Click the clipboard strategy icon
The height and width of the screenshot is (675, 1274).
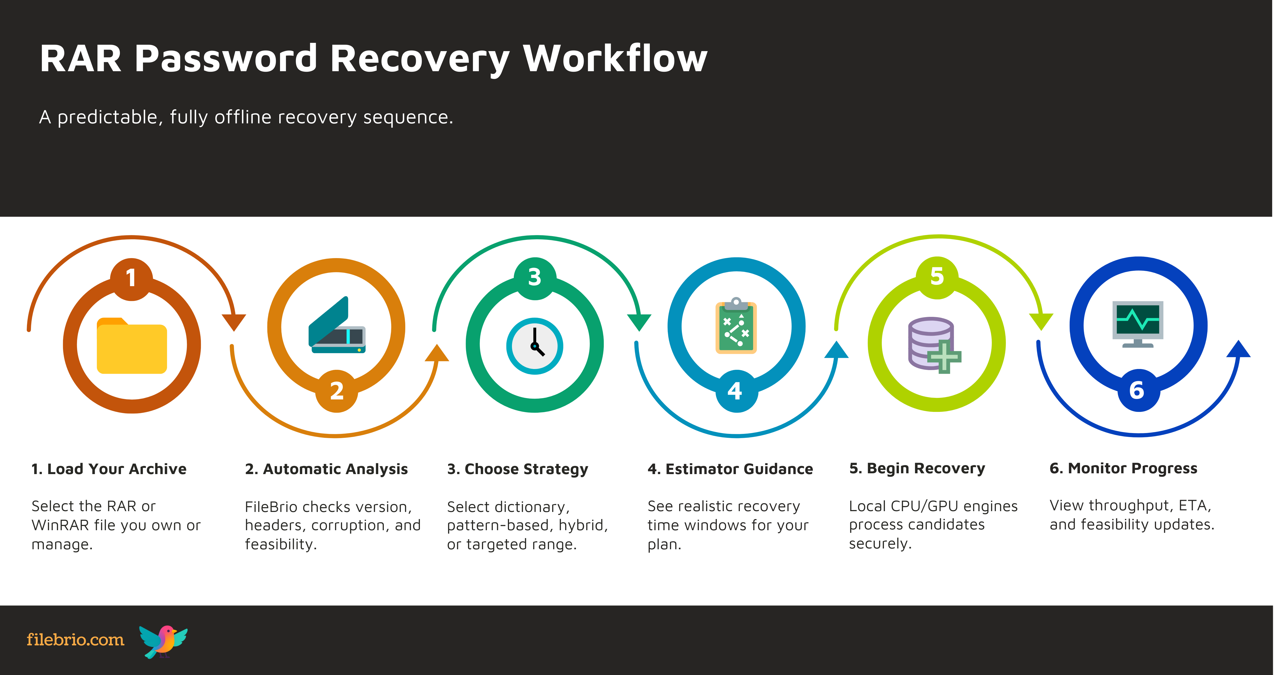tap(736, 326)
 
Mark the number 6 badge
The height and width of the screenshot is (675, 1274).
tap(1137, 391)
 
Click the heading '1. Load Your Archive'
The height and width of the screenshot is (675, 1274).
tap(109, 469)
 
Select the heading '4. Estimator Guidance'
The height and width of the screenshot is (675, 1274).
tap(730, 469)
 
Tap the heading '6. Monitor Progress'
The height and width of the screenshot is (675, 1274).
tap(1123, 468)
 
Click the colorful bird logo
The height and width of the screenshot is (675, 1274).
tap(163, 641)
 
